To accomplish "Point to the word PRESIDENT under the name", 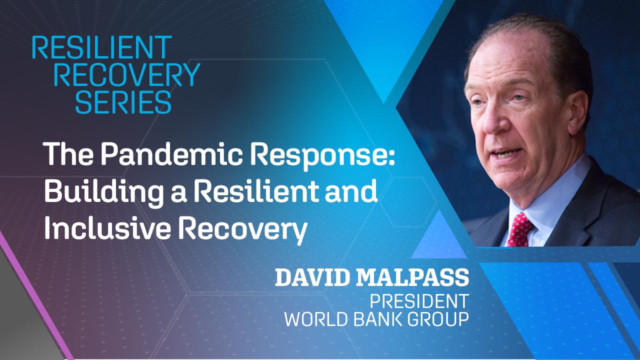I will click(x=419, y=301).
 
